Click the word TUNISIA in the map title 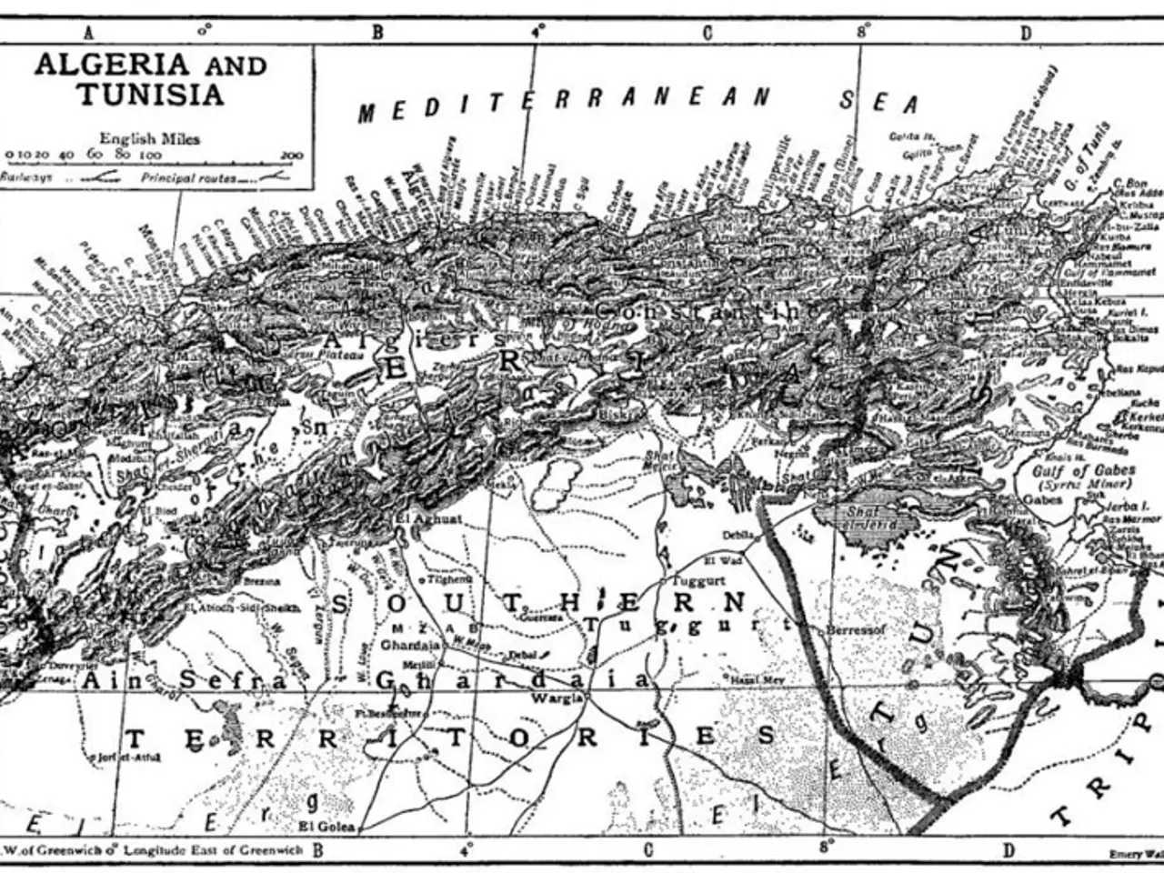click(150, 95)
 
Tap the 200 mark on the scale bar click(291, 156)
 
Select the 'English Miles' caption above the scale click(150, 138)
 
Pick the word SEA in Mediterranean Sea click(878, 102)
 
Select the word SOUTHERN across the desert click(537, 603)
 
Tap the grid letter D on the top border click(1025, 34)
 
